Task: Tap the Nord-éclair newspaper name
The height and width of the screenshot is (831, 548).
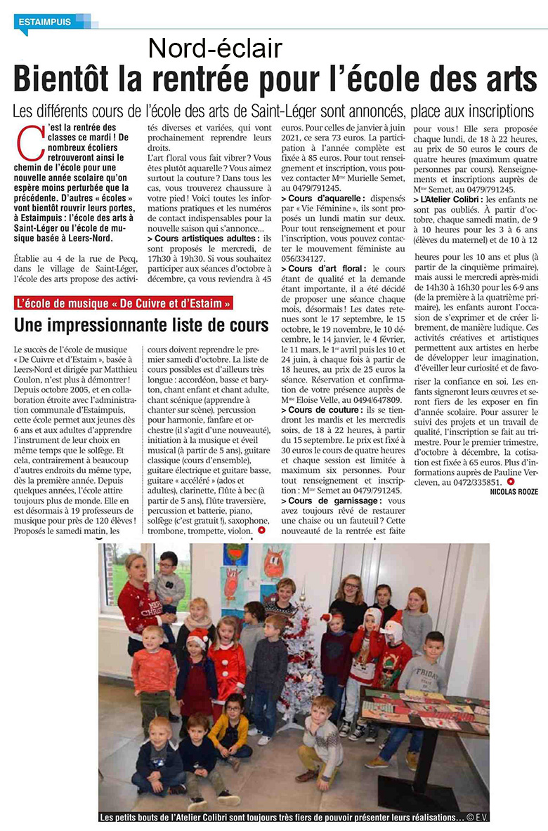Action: click(x=215, y=48)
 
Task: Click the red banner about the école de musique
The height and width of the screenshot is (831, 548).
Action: click(x=124, y=303)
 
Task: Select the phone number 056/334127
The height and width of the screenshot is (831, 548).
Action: click(x=305, y=258)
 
